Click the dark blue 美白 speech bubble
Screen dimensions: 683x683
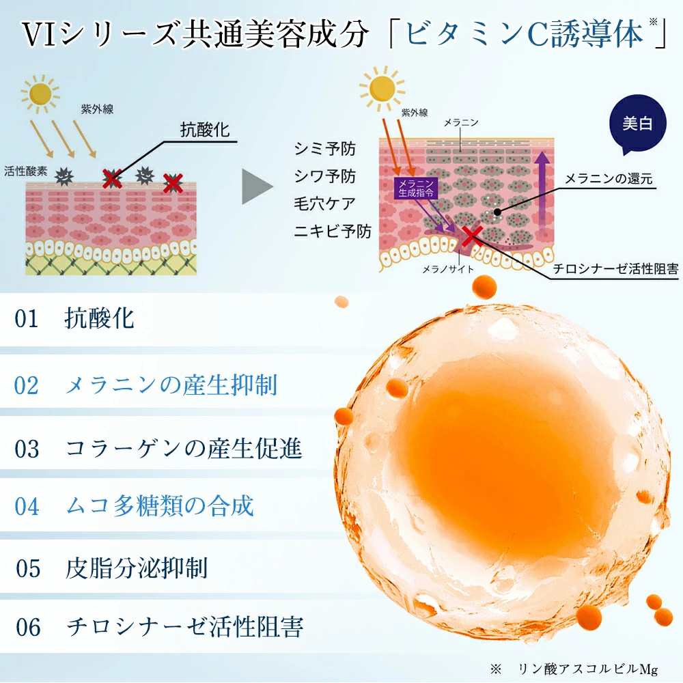638,123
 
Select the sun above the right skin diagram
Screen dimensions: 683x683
382,88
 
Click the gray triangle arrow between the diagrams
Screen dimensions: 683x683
257,186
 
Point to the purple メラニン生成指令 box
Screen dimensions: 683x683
415,188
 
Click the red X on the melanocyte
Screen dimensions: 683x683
472,236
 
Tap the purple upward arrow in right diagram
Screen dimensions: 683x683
542,192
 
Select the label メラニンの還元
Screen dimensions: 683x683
609,178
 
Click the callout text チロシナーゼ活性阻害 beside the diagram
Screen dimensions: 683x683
615,268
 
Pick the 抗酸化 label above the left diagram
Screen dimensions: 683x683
205,129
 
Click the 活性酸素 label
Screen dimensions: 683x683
26,171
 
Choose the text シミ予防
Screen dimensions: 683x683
324,148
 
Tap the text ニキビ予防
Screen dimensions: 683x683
333,231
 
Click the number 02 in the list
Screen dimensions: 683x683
26,385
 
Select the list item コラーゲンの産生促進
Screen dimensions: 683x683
183,449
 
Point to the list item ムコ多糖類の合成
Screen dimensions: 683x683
159,505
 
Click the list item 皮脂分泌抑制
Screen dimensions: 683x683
137,568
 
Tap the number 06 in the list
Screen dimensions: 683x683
28,627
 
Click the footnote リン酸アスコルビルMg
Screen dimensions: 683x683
587,669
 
